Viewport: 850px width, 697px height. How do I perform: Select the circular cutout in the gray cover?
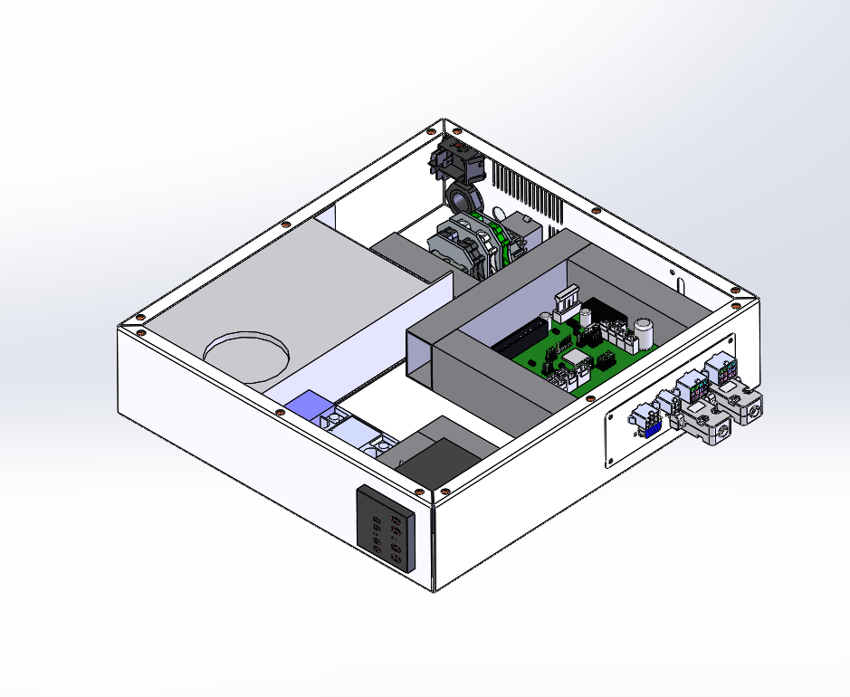coord(246,357)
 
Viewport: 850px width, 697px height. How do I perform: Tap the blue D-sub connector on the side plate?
coord(648,429)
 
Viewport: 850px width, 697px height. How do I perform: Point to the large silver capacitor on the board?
coord(645,332)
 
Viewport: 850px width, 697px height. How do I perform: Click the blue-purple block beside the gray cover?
coord(309,407)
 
